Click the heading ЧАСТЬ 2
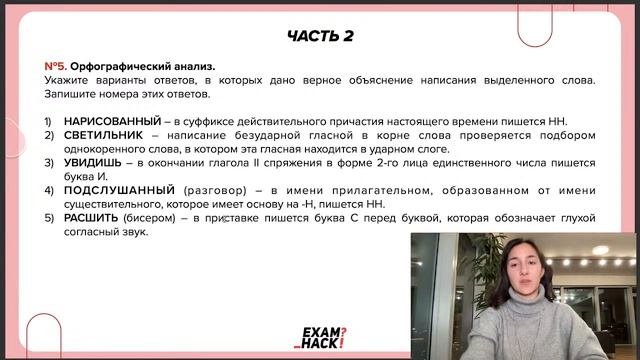point(320,36)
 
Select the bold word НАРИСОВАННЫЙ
point(112,121)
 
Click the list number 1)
point(49,121)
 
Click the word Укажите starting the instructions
point(67,80)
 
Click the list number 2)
point(49,135)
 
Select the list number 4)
point(49,190)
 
